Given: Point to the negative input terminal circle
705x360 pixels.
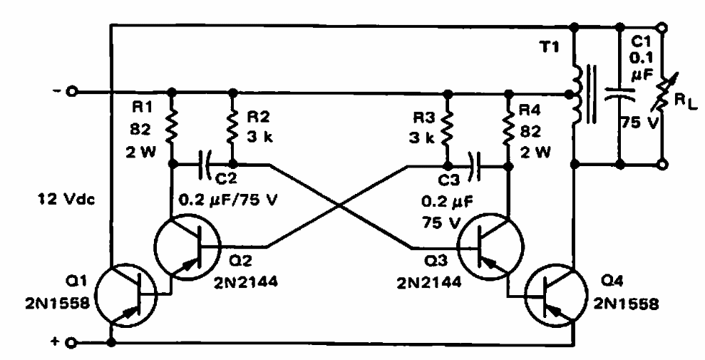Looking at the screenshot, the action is point(72,92).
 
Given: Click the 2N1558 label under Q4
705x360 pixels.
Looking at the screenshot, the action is point(627,304).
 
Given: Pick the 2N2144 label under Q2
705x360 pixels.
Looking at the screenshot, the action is point(245,282).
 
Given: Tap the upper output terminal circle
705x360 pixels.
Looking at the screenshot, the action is point(662,28).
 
